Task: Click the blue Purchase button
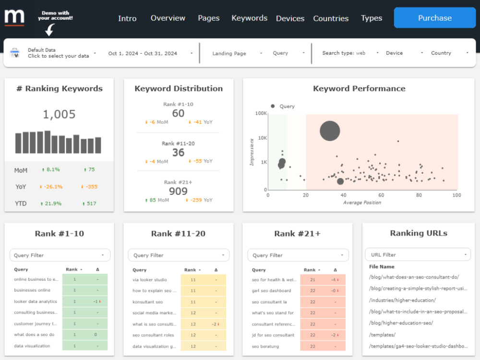(x=435, y=18)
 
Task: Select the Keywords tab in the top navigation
(x=249, y=18)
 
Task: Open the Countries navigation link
(x=331, y=18)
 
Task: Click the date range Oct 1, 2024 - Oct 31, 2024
(x=143, y=53)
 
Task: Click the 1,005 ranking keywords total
(x=59, y=114)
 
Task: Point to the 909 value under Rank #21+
(x=178, y=192)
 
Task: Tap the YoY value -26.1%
(x=53, y=187)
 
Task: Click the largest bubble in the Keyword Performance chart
(x=330, y=131)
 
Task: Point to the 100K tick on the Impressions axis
(x=261, y=113)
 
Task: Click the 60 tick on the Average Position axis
(x=381, y=195)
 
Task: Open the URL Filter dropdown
(x=418, y=255)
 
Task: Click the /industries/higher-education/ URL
(x=402, y=300)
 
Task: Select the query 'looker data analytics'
(x=36, y=301)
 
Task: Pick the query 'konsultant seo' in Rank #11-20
(x=147, y=302)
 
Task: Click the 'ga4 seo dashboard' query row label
(x=271, y=290)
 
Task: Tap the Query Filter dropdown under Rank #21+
(x=298, y=255)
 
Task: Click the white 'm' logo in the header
(x=14, y=17)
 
